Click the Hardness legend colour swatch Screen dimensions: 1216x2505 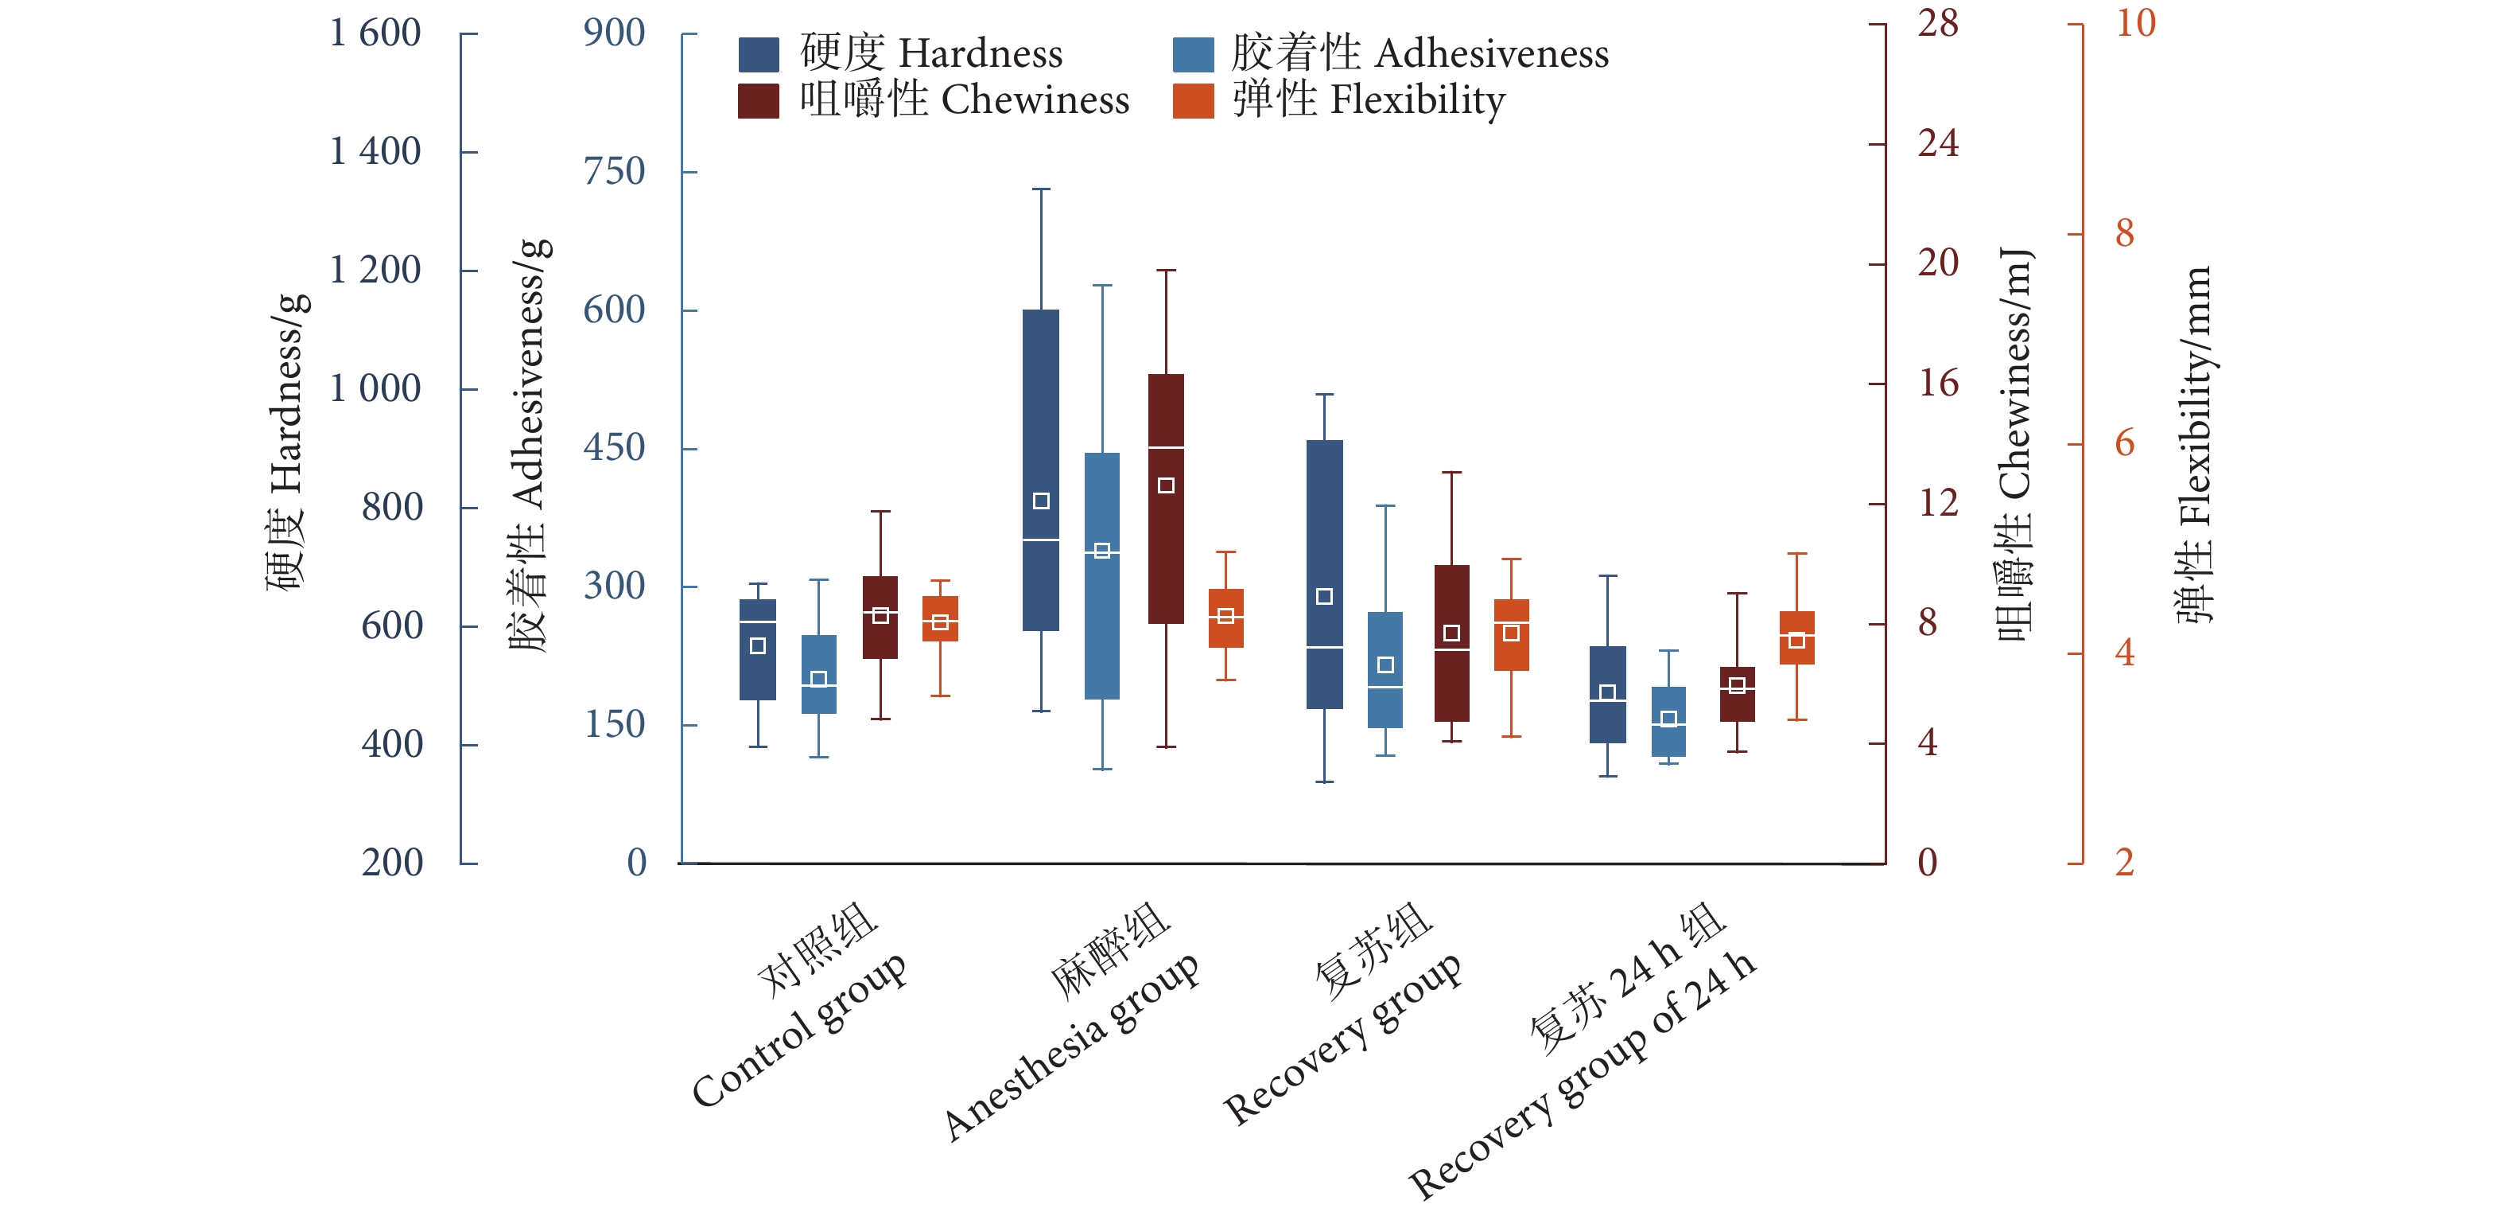758,54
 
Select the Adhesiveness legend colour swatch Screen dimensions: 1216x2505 1192,54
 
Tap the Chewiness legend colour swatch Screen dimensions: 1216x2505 758,100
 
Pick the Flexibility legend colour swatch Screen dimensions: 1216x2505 1192,100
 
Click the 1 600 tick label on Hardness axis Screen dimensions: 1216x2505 375,34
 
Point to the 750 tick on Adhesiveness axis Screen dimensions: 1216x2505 614,172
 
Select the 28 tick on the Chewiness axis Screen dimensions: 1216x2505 1937,23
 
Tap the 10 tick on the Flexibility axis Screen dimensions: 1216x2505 2135,23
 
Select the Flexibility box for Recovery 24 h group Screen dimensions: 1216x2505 1797,638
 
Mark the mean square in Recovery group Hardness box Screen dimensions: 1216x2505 1324,596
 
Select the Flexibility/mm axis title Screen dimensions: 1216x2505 2194,442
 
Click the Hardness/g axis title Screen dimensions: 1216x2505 288,442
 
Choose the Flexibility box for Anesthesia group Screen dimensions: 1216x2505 1226,618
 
